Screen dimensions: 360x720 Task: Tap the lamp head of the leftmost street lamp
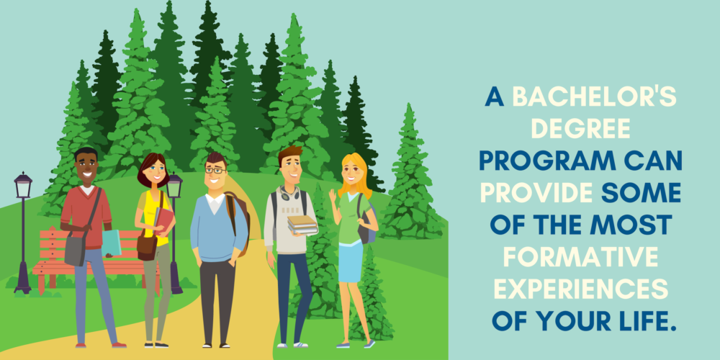[23, 186]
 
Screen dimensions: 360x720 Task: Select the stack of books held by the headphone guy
[302, 225]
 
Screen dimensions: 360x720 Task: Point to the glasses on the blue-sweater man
[214, 171]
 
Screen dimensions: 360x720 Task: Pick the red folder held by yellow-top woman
[163, 220]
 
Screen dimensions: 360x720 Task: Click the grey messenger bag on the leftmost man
[75, 248]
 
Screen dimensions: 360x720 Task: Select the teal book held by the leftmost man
[112, 243]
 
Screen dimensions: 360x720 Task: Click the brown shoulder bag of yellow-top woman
[147, 247]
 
